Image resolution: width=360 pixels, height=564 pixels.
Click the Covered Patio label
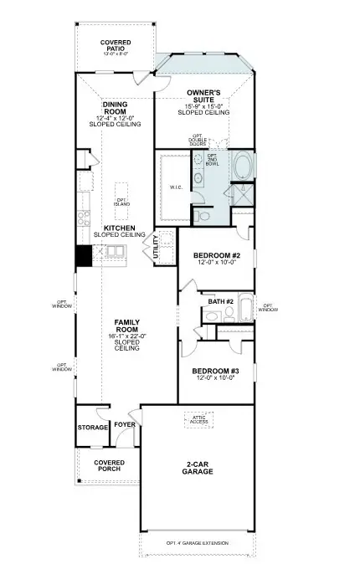tap(115, 45)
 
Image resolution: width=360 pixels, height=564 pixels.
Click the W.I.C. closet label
tap(174, 187)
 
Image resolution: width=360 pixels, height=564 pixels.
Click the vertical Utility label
tap(155, 249)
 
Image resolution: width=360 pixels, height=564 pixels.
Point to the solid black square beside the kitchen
tap(83, 256)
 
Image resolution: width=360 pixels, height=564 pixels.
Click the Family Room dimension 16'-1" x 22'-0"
tap(126, 336)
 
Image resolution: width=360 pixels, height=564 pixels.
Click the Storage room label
tap(92, 427)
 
